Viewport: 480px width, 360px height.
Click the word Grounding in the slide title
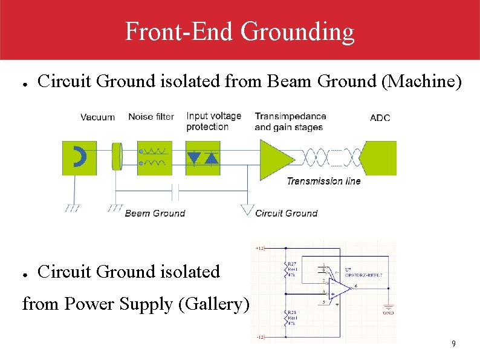point(297,31)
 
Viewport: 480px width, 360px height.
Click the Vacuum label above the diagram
point(97,117)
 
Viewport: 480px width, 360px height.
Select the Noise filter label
point(151,117)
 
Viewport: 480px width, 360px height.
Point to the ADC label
point(380,117)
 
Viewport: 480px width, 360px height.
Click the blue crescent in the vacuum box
point(79,157)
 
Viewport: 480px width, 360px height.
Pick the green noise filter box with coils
point(154,158)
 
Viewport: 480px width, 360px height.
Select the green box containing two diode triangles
point(203,158)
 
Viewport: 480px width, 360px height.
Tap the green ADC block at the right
point(380,158)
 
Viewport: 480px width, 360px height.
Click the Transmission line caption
point(323,181)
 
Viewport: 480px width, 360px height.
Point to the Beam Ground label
point(155,213)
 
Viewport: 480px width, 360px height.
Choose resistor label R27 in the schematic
point(293,264)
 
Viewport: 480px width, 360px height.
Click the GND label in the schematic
point(388,313)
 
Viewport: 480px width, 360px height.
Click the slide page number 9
point(453,344)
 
